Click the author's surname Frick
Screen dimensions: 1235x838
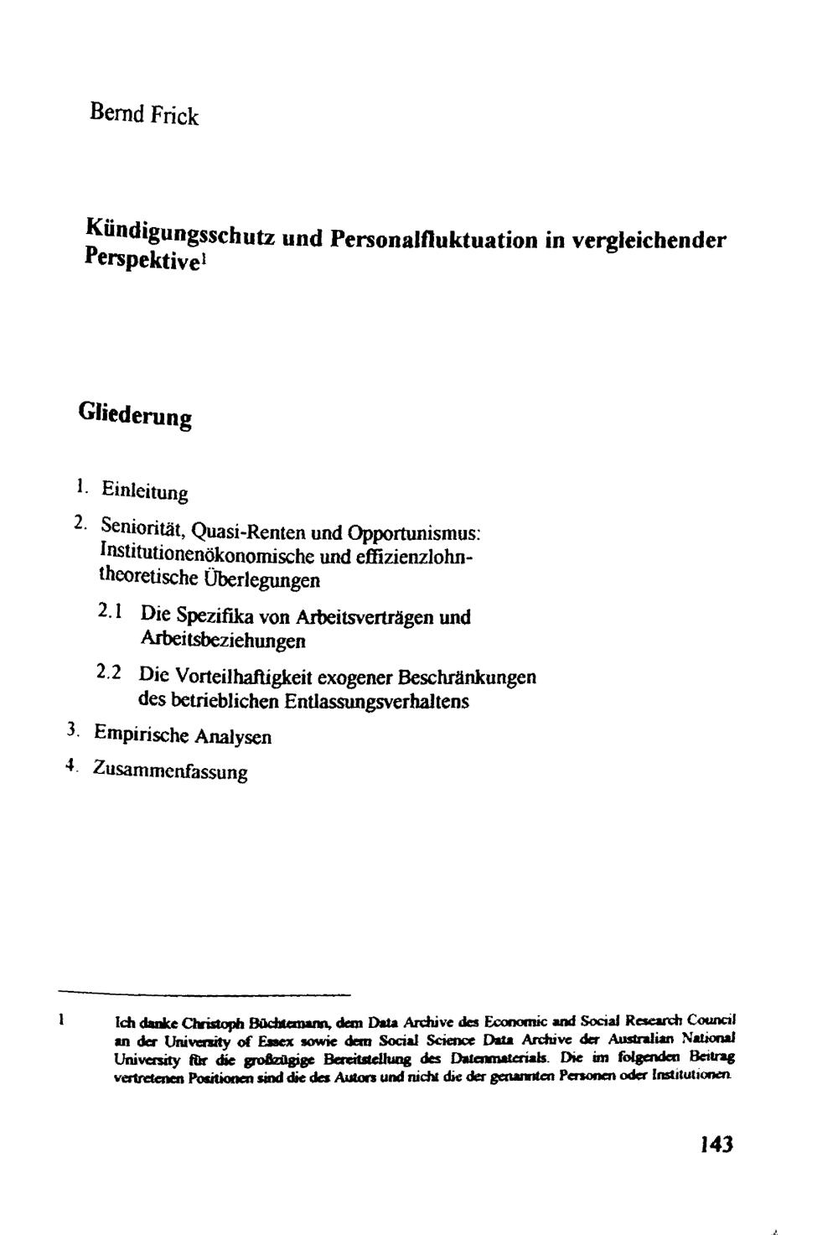[x=174, y=115]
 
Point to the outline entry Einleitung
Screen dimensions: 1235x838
[x=144, y=491]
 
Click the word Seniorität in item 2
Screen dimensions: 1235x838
[x=142, y=529]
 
